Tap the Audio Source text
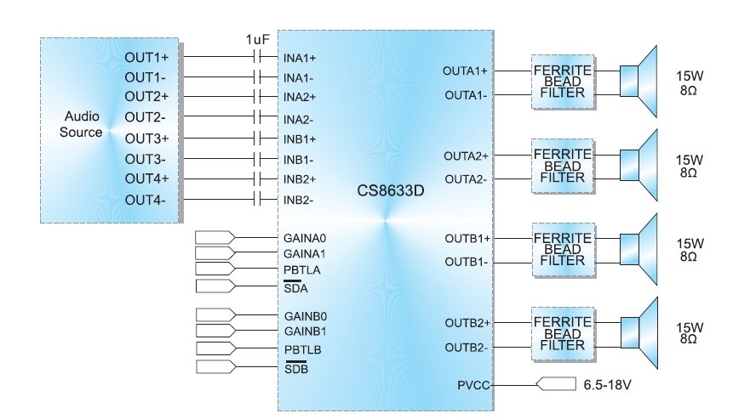click(x=83, y=124)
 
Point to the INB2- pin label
click(x=300, y=201)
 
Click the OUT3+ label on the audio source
click(x=146, y=138)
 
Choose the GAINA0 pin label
click(x=305, y=238)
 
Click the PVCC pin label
click(x=472, y=385)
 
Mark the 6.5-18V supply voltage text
click(x=608, y=385)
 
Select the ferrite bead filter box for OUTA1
click(x=558, y=82)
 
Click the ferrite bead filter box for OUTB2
click(x=558, y=334)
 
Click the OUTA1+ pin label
click(x=466, y=71)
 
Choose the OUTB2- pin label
click(x=467, y=347)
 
